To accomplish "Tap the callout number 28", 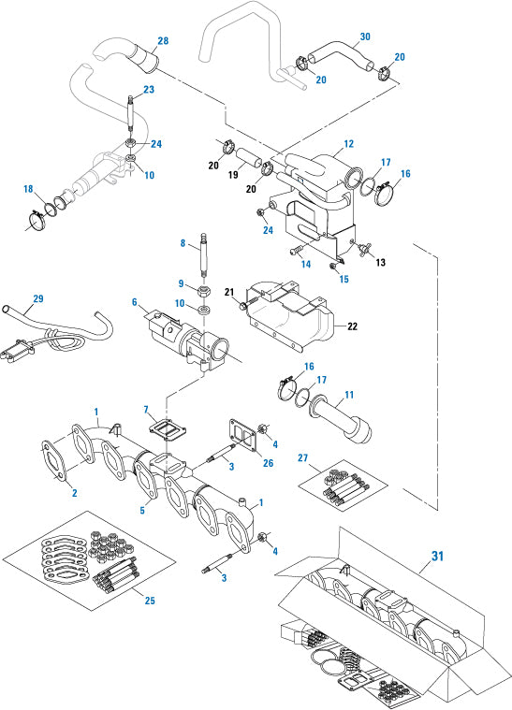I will point(163,41).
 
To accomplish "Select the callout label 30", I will point(365,38).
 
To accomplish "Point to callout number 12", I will point(348,144).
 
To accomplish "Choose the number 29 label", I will point(37,298).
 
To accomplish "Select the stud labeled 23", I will point(131,118).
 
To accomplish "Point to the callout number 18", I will point(28,189).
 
